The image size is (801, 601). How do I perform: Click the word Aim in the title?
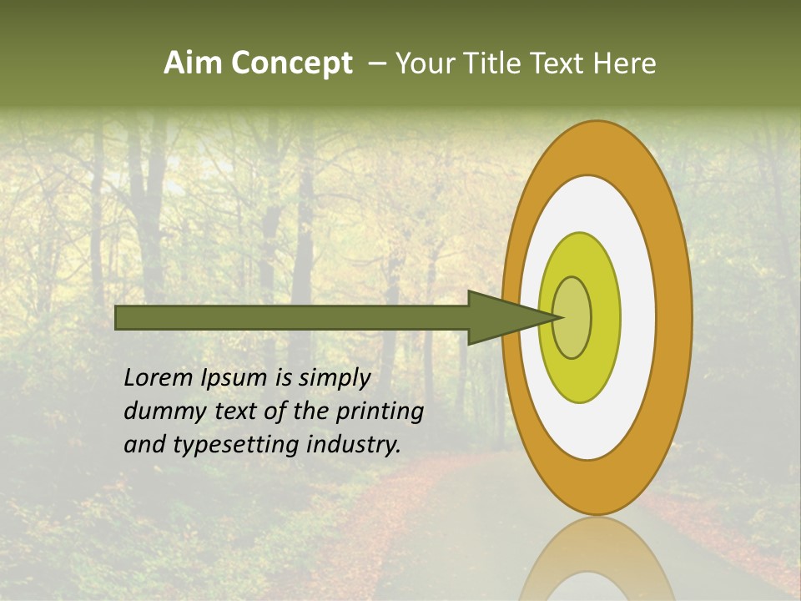pos(194,63)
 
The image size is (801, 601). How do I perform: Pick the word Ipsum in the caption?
pos(235,378)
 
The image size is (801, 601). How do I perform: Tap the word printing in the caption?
pos(380,412)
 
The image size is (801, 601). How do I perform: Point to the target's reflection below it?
pos(596,563)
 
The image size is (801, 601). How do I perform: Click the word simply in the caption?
pos(334,378)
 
